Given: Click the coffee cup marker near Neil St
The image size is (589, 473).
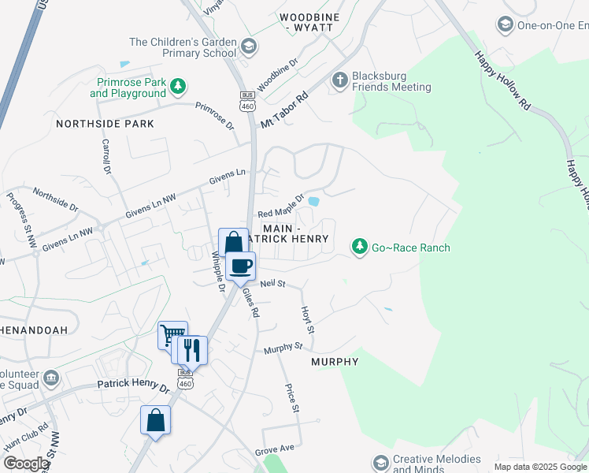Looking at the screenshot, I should (241, 265).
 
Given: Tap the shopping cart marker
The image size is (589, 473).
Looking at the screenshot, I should (172, 335).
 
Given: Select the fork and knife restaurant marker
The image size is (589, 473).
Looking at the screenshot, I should (192, 348).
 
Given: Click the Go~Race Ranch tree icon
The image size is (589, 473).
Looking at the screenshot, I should (360, 248).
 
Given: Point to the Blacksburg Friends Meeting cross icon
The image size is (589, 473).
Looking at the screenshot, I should (340, 80).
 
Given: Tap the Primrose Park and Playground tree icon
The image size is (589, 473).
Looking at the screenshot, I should (180, 85).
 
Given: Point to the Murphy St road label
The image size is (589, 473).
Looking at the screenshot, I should (283, 348).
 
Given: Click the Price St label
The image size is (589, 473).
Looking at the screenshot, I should (291, 398).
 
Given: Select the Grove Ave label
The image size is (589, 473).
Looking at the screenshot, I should (274, 449).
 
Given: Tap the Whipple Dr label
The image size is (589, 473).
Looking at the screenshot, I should (217, 270).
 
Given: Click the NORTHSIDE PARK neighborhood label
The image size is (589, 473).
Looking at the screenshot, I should (105, 124).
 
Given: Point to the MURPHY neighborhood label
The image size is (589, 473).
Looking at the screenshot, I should (335, 362).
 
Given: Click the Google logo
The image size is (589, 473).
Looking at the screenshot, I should (25, 464).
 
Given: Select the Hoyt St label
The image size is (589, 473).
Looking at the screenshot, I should (309, 319).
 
